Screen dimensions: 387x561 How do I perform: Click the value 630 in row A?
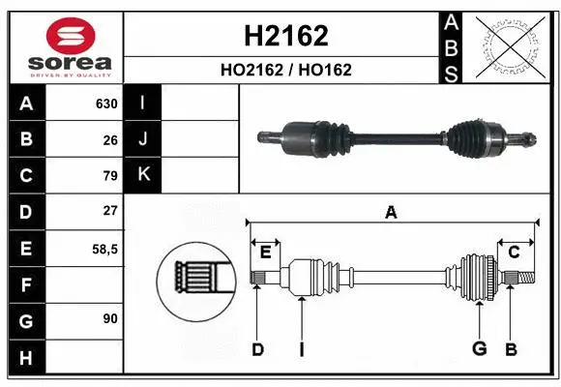[x=106, y=104]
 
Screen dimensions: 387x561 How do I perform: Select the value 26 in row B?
[x=110, y=139]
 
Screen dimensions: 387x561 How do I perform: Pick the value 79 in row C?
[x=110, y=175]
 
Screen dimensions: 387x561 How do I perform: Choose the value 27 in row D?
[x=110, y=211]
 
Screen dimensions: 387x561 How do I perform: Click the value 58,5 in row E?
[x=104, y=248]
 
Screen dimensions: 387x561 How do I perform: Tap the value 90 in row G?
[x=110, y=318]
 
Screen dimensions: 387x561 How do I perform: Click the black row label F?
[x=24, y=284]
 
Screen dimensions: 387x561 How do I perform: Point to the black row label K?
[x=143, y=175]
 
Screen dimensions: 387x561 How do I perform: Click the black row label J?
[x=143, y=139]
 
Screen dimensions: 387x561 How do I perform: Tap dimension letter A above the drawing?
[x=391, y=212]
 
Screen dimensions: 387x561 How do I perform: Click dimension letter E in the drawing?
[x=265, y=252]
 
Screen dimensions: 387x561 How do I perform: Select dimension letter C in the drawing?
[x=515, y=252]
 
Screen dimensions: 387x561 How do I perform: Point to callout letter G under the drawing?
[x=477, y=349]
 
